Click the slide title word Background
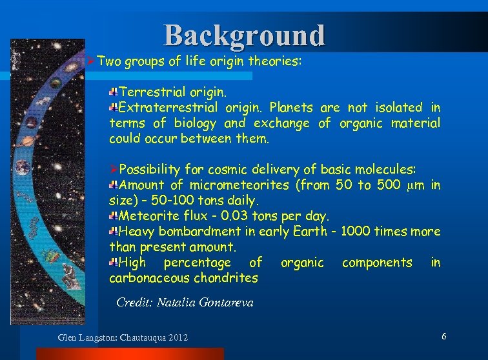(x=244, y=35)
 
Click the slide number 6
(x=444, y=337)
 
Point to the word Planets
(x=291, y=107)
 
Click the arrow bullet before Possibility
(x=114, y=170)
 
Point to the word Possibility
(x=150, y=170)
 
